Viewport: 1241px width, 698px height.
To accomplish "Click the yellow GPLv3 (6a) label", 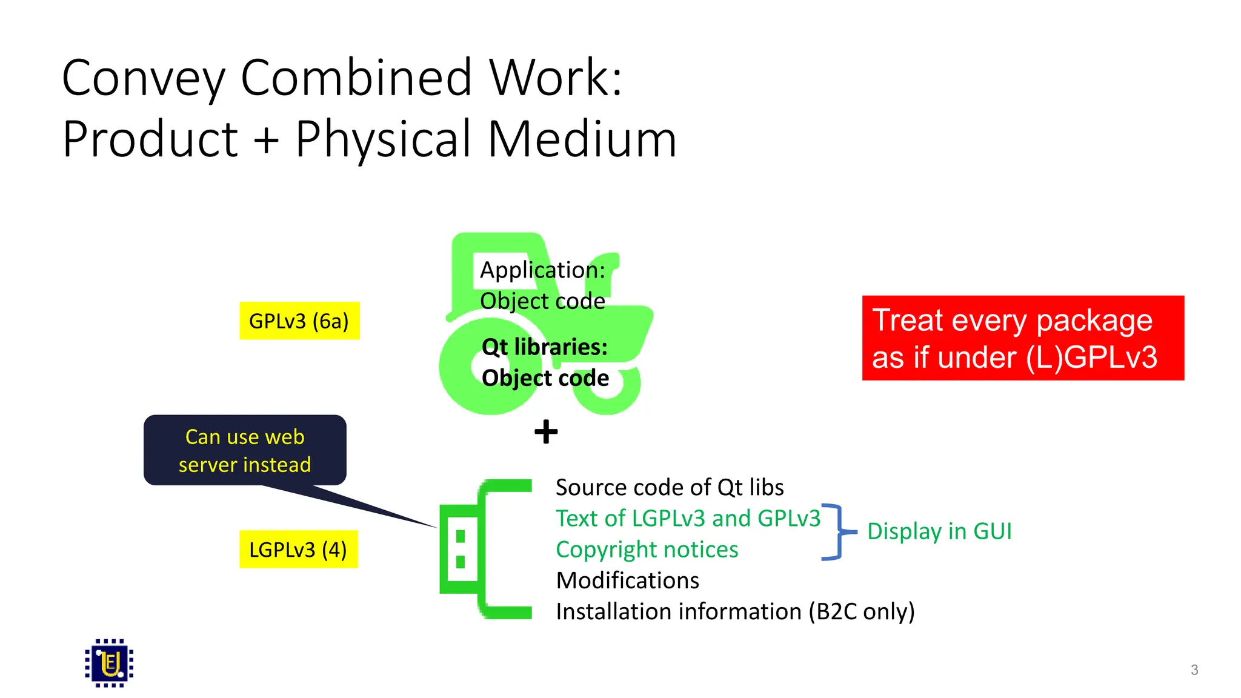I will [x=299, y=321].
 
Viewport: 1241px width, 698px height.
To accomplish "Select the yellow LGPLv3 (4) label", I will [x=298, y=550].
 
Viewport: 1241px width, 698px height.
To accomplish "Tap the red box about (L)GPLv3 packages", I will [x=1022, y=338].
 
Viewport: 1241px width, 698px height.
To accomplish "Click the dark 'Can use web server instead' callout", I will [x=245, y=450].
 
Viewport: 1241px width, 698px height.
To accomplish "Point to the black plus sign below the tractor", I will [x=546, y=432].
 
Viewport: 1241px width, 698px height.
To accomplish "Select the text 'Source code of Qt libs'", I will [x=670, y=487].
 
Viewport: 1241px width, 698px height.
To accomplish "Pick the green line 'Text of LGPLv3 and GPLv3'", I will [x=688, y=519].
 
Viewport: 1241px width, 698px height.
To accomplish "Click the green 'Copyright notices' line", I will [x=647, y=550].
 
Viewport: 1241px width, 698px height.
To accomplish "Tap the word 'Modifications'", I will [x=627, y=580].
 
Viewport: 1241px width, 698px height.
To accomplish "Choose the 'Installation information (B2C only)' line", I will [x=735, y=611].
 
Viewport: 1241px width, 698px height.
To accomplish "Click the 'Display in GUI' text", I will [x=939, y=531].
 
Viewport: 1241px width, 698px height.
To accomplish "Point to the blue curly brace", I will [x=837, y=532].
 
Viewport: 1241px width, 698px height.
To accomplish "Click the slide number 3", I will [x=1194, y=670].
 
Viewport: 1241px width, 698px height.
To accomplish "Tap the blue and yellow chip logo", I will [x=109, y=663].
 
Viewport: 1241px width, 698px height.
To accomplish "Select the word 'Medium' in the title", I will [x=582, y=139].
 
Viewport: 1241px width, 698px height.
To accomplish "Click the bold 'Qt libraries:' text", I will [x=544, y=347].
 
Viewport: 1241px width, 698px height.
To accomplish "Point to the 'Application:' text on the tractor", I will [x=542, y=270].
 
